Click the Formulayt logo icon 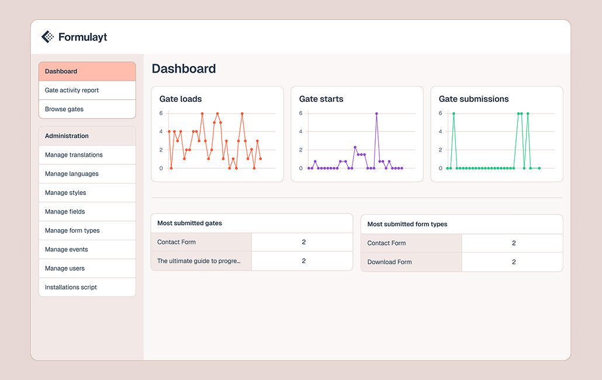[x=47, y=37]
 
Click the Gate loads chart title [x=181, y=99]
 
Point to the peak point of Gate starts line [x=376, y=113]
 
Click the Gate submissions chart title [x=473, y=99]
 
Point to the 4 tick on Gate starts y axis [x=301, y=132]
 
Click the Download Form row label [x=390, y=262]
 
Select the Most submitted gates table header [x=189, y=223]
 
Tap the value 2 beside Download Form [x=514, y=262]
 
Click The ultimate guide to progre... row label [x=199, y=261]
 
